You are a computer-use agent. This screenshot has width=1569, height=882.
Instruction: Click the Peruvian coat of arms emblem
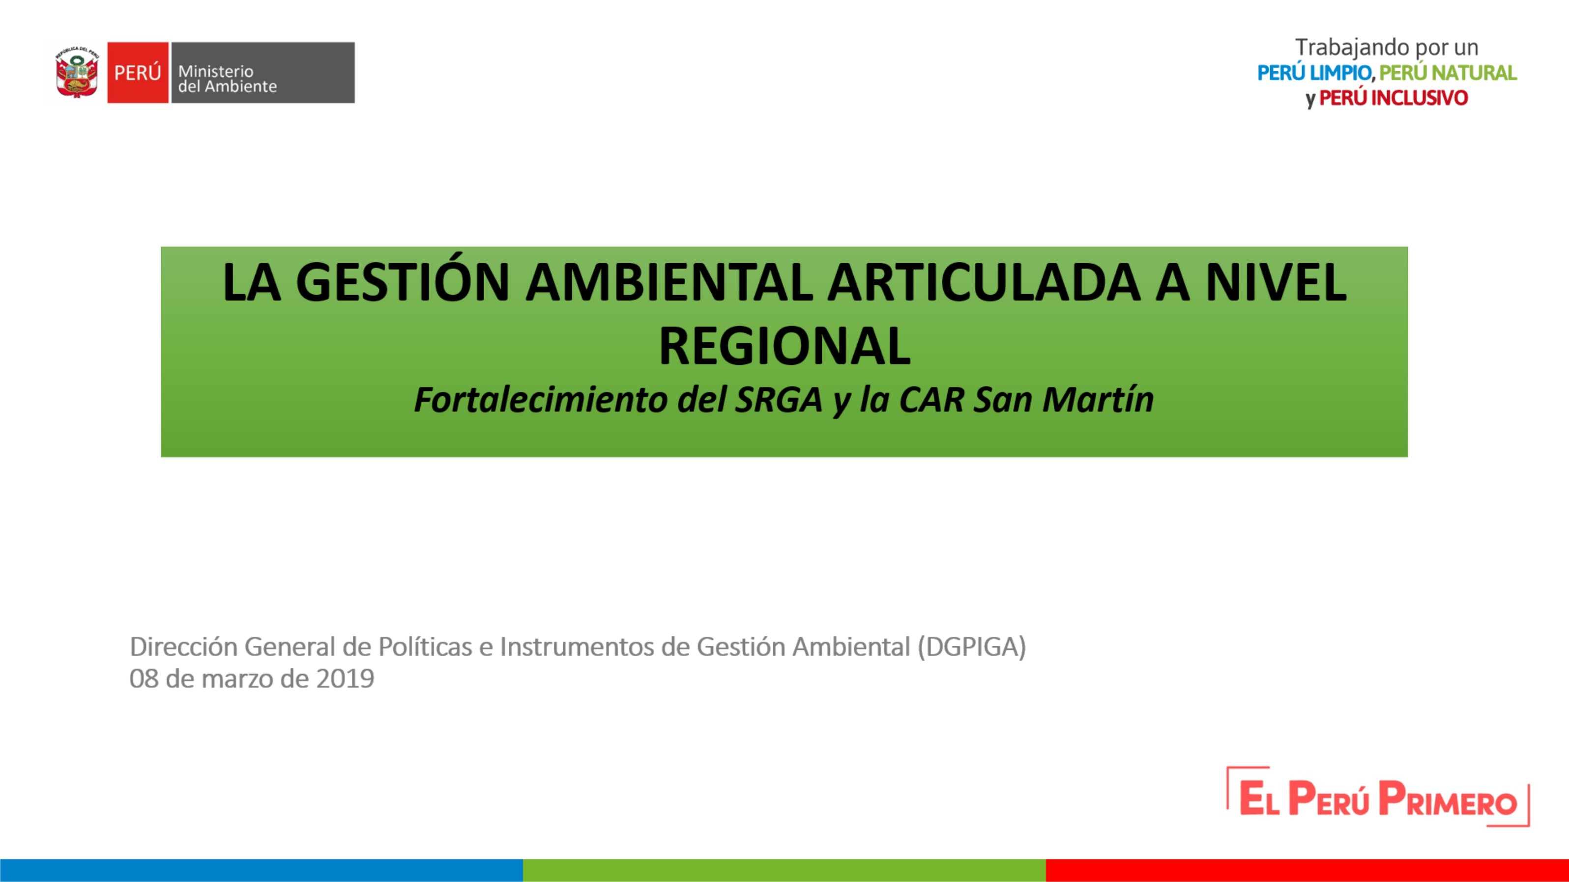[77, 72]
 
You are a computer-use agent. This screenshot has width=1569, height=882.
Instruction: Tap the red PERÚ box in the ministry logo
[138, 72]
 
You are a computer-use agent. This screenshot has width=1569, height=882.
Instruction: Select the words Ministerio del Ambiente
[227, 79]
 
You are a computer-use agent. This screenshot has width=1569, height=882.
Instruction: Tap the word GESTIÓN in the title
[403, 281]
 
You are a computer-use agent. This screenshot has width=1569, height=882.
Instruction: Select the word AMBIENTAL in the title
[669, 282]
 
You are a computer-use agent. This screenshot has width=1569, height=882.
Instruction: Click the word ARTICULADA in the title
[983, 282]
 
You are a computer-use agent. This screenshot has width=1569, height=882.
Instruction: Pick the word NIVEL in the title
[1276, 282]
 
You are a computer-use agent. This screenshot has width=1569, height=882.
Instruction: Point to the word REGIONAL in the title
[784, 346]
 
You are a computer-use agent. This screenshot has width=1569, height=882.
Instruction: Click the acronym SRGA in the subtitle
[779, 400]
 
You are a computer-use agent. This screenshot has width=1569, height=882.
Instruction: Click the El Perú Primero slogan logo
[1378, 797]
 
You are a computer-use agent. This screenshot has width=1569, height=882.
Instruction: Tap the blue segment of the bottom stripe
[261, 870]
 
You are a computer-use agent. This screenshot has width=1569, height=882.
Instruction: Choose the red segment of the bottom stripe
[1307, 870]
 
